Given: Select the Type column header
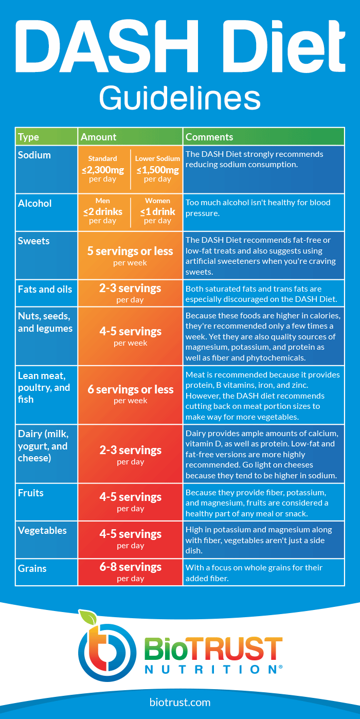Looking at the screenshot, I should [x=29, y=137].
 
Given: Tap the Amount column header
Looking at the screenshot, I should [x=99, y=137].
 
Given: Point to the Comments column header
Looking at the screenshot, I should [x=209, y=137].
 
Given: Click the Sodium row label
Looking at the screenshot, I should [x=34, y=155].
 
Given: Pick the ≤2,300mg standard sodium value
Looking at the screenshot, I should [x=103, y=170].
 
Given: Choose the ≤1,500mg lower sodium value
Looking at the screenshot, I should [x=157, y=170].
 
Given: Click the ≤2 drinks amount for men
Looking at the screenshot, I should [x=103, y=211].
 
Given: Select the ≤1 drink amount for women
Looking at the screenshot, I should [x=157, y=211].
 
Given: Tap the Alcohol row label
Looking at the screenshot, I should [x=35, y=203].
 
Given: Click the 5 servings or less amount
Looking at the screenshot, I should [x=130, y=251].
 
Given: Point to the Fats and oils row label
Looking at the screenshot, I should [x=45, y=289].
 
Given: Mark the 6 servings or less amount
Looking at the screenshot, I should [x=130, y=390].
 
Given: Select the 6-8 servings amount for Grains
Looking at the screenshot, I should [x=130, y=567].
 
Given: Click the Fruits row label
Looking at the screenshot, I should [x=31, y=493].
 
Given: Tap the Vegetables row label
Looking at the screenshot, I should [x=42, y=530].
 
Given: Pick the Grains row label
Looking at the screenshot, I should [x=32, y=568].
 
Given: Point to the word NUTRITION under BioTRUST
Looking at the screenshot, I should [x=211, y=669].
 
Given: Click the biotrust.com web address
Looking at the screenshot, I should [x=179, y=702].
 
